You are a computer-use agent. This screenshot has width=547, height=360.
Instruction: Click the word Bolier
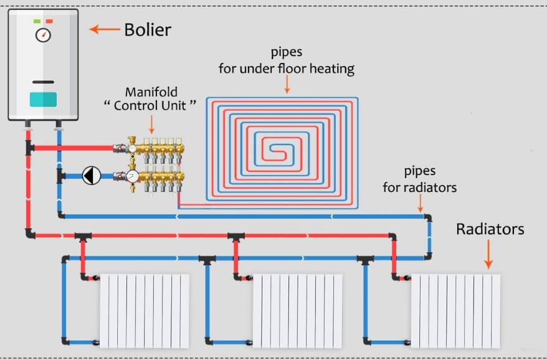(147, 29)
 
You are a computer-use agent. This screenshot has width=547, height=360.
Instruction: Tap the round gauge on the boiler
(43, 35)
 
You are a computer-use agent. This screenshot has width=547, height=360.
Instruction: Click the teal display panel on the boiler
(43, 99)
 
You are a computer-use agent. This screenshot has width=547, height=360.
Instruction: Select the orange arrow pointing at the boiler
(104, 29)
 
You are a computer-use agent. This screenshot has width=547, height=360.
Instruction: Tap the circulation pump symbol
(92, 176)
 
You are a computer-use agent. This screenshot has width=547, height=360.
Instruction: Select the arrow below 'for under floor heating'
(287, 85)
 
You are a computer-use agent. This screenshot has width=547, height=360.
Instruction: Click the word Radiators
(490, 229)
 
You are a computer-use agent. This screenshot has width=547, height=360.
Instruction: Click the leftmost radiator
(144, 311)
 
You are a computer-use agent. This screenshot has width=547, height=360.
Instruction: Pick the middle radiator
(297, 311)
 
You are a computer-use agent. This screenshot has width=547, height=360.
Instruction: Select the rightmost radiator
(455, 311)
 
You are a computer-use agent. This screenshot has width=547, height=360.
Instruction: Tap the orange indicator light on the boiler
(49, 21)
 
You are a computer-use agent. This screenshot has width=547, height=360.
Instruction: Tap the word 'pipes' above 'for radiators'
(419, 171)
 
